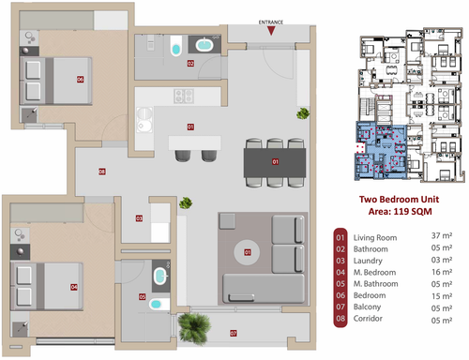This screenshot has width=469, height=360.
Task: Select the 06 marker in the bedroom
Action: [81, 80]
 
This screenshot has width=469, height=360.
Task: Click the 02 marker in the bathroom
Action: [189, 64]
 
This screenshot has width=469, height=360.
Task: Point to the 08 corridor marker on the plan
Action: [101, 172]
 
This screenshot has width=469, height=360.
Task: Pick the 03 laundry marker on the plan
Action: [139, 219]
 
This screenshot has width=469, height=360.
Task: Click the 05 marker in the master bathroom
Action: [143, 297]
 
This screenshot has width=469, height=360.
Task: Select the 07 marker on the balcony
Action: [234, 333]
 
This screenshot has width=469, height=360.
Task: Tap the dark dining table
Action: [275, 163]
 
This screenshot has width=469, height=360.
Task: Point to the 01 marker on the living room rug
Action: [248, 252]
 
